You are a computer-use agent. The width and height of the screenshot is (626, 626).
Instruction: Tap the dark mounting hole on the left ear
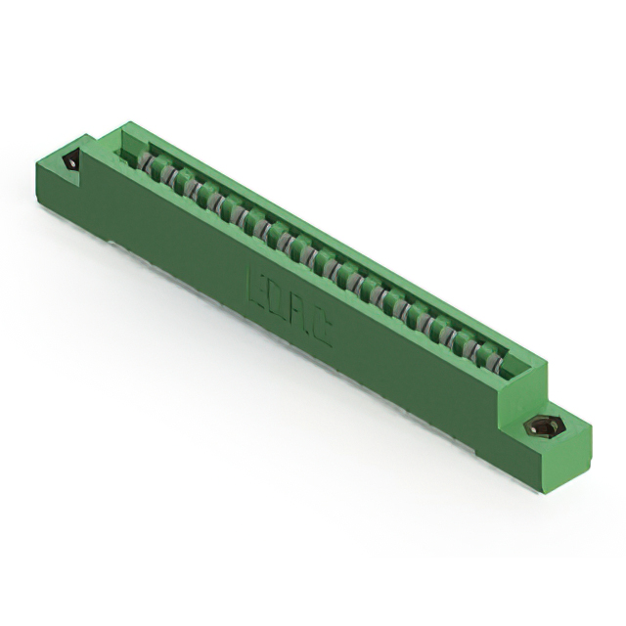tap(70, 161)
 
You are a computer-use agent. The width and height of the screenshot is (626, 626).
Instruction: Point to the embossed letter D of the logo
tap(277, 298)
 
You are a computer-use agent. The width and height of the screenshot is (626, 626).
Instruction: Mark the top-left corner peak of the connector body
tap(126, 123)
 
